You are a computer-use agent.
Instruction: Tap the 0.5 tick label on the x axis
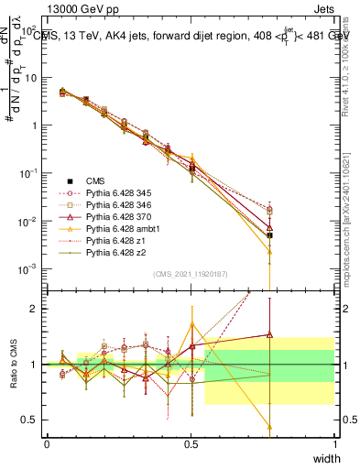(191, 443)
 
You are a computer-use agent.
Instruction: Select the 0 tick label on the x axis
(47, 443)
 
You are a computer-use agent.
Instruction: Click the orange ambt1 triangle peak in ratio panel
(191, 324)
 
